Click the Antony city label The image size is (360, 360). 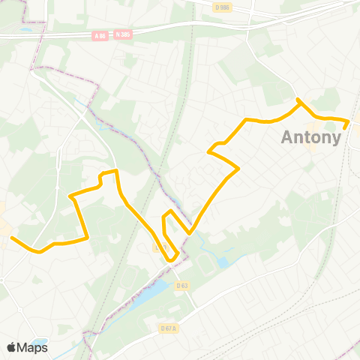[x=311, y=138]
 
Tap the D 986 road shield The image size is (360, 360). [x=221, y=7]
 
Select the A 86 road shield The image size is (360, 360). [x=100, y=35]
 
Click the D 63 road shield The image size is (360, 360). [x=182, y=285]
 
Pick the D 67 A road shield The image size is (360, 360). [x=168, y=328]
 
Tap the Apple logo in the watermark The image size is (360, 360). [x=11, y=347]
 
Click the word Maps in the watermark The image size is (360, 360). [x=32, y=347]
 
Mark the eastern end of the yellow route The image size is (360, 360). [x=345, y=127]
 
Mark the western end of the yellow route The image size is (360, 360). [x=12, y=238]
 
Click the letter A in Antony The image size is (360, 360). [x=289, y=138]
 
